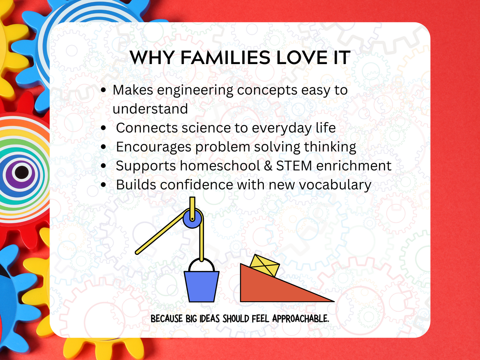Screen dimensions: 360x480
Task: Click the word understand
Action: click(x=150, y=109)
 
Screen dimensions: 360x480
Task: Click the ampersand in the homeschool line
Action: click(x=268, y=166)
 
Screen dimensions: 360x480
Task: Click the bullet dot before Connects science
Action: click(x=104, y=128)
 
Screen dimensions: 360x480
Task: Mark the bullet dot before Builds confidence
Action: click(x=104, y=185)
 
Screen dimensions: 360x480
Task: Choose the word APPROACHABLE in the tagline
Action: click(x=301, y=319)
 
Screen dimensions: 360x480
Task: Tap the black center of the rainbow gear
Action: click(x=22, y=172)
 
